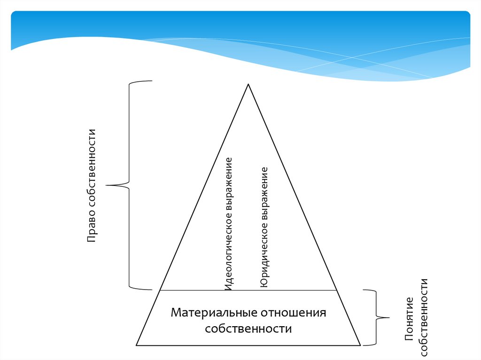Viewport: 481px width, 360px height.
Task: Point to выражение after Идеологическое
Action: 228,188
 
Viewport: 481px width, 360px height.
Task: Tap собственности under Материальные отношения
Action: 248,329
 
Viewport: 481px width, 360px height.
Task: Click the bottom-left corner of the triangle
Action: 136,345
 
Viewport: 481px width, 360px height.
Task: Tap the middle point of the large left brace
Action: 107,185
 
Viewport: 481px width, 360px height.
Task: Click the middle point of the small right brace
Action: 389,318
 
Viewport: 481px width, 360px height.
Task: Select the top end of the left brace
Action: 151,81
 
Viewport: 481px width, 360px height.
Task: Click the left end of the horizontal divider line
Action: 161,290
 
